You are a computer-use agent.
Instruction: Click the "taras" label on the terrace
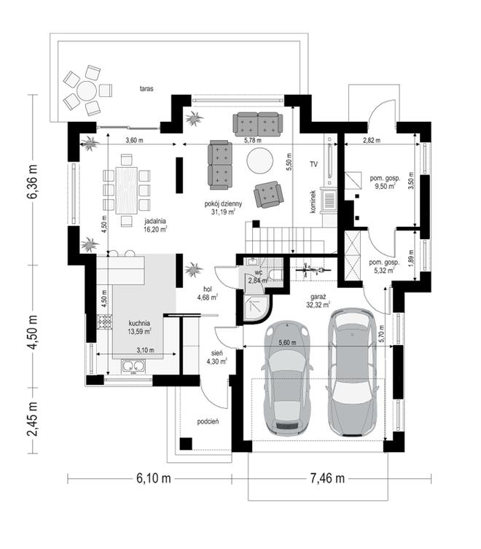click(x=146, y=88)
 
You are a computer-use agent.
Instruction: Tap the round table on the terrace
click(x=87, y=91)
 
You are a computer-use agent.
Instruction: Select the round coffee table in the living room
click(x=259, y=160)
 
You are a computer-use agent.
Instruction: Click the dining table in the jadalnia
click(x=127, y=190)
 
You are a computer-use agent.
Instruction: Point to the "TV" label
click(x=313, y=164)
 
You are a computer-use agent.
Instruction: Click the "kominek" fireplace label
click(x=313, y=202)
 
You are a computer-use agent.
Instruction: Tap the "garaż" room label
click(x=318, y=297)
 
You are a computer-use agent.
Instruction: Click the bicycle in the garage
click(x=313, y=270)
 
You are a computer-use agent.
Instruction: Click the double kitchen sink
click(x=133, y=366)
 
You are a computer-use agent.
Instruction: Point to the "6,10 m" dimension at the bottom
click(x=154, y=478)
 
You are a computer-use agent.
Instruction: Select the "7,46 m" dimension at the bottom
click(x=327, y=478)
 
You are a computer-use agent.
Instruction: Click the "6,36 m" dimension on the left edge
click(x=32, y=181)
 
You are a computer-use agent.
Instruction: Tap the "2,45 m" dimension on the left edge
click(x=32, y=419)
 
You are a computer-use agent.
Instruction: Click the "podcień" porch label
click(x=208, y=421)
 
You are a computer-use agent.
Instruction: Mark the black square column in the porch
click(x=186, y=443)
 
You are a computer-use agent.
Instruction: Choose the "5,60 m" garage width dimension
click(x=287, y=343)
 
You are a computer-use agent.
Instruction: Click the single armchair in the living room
click(x=268, y=195)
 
